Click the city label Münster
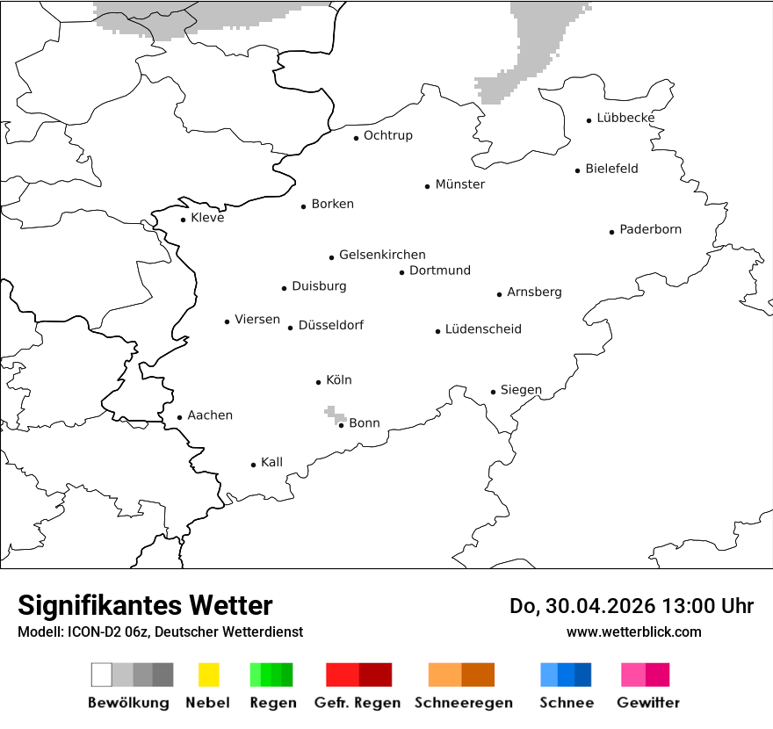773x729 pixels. tap(459, 184)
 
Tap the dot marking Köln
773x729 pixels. tap(318, 382)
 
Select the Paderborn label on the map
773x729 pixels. tap(650, 229)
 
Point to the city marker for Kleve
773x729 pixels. tap(183, 220)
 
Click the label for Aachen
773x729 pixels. tap(210, 415)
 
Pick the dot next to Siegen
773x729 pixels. tap(493, 392)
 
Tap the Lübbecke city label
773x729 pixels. tap(625, 118)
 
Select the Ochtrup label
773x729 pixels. tap(387, 135)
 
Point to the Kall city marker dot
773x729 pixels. tap(253, 465)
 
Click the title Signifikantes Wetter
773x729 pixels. tap(145, 606)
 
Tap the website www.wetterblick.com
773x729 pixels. tap(633, 632)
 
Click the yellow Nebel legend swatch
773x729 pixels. tap(208, 675)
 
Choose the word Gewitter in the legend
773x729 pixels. tap(647, 703)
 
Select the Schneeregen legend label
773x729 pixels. tap(463, 703)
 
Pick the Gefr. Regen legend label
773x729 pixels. tap(357, 703)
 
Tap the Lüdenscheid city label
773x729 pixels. tap(483, 329)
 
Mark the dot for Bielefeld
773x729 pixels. tap(577, 170)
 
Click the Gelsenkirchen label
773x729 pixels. tap(382, 255)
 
